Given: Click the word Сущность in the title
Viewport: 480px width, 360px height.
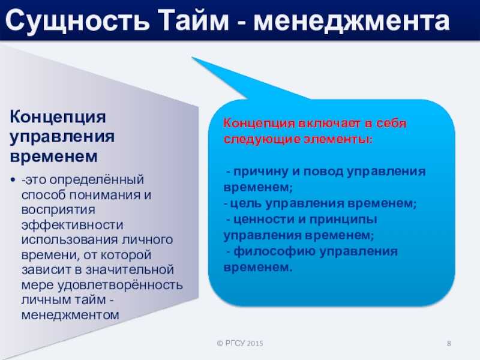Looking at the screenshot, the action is click(x=77, y=21).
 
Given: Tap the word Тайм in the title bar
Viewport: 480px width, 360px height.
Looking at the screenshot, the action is click(x=194, y=20).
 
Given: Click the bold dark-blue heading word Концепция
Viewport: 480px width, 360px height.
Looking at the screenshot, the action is click(x=58, y=117).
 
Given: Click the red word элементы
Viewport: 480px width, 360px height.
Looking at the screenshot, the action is click(x=338, y=139).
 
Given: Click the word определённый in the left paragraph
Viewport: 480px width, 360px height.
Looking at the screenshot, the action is click(x=97, y=180).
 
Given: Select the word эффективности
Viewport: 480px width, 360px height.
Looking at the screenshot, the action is click(x=72, y=225).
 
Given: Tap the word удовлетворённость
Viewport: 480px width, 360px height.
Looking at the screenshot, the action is click(x=120, y=286).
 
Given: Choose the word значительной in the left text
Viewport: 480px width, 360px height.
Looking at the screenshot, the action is click(x=130, y=269).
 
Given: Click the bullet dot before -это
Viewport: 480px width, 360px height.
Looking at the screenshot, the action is click(x=13, y=179).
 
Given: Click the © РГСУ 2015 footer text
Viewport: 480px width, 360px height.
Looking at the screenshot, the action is click(x=240, y=343).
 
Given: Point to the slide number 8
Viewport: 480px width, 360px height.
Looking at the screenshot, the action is click(x=449, y=343).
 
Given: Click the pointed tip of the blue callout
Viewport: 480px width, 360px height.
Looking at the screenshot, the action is click(x=192, y=57).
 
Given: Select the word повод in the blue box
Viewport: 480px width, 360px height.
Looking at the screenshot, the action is click(x=323, y=172).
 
